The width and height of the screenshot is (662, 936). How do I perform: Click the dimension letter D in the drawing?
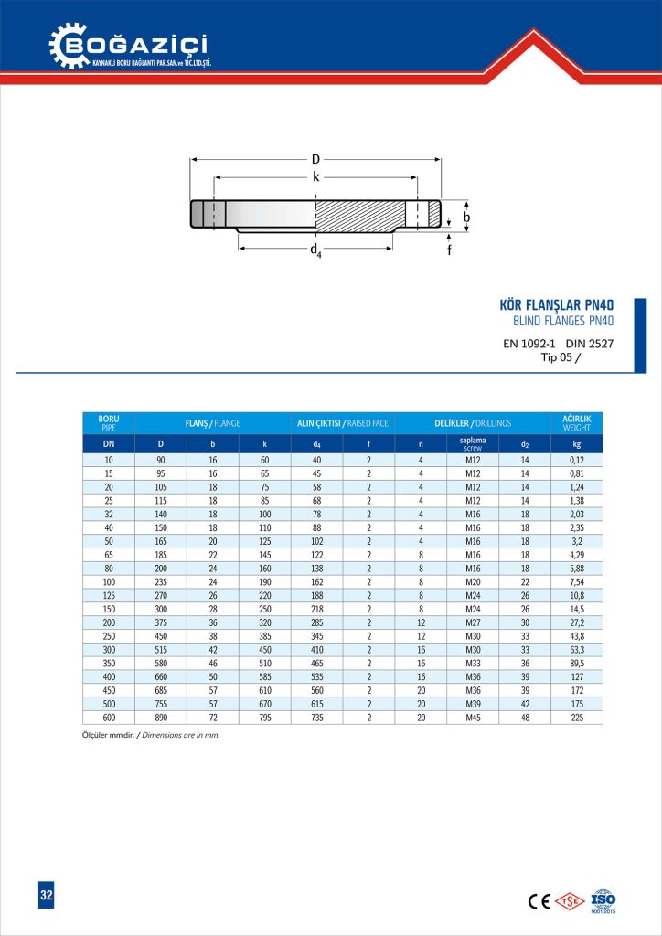(315, 160)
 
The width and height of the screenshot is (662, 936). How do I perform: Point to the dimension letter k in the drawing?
(316, 177)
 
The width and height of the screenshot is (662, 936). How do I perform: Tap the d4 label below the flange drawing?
(315, 250)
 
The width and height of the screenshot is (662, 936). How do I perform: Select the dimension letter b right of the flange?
(465, 218)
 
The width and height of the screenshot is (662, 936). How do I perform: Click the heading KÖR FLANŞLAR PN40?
(555, 305)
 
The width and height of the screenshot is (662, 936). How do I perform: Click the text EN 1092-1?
(529, 344)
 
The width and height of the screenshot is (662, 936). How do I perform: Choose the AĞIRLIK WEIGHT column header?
(576, 423)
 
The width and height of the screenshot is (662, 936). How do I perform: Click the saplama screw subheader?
(473, 444)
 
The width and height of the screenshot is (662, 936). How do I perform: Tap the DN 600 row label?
(108, 718)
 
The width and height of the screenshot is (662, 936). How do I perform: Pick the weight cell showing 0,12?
(576, 460)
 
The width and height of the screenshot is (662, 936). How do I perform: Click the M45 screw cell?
(473, 718)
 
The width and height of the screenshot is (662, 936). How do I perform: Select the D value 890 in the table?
(161, 718)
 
